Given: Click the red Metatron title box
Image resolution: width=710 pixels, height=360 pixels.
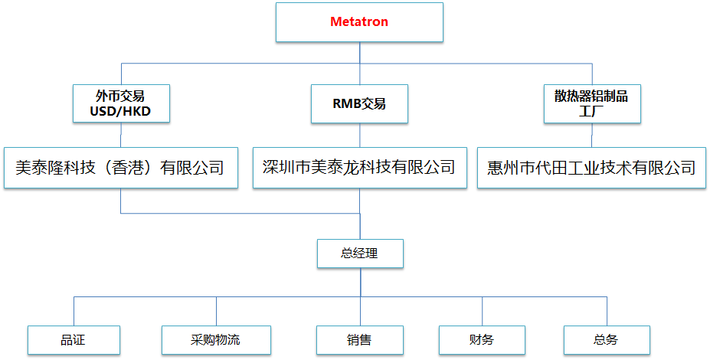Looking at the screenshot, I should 359,22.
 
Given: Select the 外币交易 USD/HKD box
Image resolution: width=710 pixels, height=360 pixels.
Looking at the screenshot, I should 120,104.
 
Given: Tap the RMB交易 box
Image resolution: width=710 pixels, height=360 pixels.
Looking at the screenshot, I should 359,104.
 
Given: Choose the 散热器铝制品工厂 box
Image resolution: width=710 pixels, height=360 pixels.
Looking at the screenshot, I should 591,104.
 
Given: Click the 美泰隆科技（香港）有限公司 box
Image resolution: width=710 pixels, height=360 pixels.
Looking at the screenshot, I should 120,167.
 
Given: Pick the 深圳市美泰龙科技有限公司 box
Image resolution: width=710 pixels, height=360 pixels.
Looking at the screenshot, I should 359,167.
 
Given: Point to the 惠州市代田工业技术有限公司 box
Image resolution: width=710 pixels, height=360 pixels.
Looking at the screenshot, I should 591,167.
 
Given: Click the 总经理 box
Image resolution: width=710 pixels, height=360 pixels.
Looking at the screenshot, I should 359,254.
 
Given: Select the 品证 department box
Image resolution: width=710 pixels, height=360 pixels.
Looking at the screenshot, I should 74,339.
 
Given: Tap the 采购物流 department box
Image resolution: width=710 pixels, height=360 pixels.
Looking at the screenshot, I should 216,339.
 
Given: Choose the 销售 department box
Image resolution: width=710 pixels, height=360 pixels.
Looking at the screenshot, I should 359,339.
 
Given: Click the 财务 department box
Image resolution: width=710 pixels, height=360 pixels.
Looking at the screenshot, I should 482,339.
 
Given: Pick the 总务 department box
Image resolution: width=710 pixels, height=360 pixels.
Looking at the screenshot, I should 606,339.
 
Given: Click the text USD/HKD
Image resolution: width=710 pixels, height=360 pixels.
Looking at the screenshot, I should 120,112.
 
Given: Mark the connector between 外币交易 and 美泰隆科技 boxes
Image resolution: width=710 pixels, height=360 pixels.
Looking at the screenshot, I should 120,135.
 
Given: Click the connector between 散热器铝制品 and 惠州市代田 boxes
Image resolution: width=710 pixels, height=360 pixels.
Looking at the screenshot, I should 591,135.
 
